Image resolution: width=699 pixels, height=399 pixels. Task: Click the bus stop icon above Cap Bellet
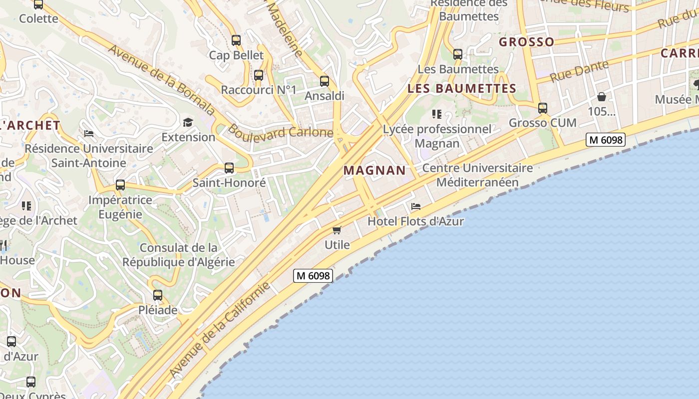tap(236, 40)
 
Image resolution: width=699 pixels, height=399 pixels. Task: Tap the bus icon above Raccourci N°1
tap(259, 75)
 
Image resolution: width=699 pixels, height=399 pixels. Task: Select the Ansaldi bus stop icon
tap(325, 81)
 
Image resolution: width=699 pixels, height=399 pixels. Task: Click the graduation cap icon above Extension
tap(188, 122)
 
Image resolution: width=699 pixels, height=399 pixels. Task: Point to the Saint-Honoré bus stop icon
tap(229, 168)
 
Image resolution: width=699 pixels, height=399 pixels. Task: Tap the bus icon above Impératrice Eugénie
tap(120, 185)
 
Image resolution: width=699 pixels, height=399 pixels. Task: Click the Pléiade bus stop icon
tap(158, 295)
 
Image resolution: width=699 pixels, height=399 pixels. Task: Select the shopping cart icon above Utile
tap(337, 230)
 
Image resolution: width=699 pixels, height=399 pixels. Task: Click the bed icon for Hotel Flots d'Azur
tap(415, 206)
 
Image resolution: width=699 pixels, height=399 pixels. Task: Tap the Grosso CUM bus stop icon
tap(543, 108)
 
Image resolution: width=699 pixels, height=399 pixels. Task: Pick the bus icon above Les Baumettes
tap(458, 54)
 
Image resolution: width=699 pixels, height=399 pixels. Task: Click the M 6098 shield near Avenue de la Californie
tap(313, 275)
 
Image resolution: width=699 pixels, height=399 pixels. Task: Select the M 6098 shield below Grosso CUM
tap(606, 140)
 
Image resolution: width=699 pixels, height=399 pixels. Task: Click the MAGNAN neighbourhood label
tap(375, 171)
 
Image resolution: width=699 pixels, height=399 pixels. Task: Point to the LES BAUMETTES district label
tap(462, 89)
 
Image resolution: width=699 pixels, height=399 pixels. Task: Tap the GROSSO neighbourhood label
tap(526, 42)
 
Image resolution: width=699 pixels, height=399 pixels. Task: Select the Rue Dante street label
tap(579, 71)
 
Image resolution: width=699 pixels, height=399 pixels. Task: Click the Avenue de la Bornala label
tap(161, 80)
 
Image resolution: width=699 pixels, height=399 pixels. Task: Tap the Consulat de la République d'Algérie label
tap(178, 255)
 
